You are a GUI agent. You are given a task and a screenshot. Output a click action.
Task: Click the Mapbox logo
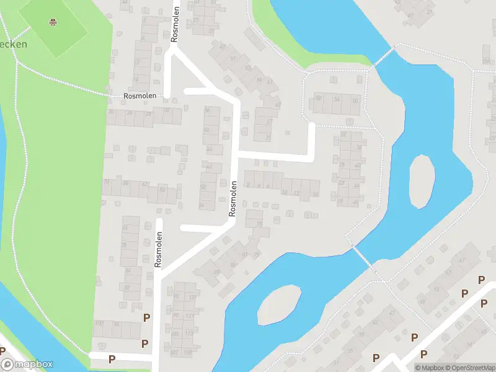[x=27, y=365]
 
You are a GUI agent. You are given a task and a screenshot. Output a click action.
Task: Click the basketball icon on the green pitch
[x=53, y=24]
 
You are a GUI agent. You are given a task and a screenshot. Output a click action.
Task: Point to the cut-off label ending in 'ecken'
[x=13, y=44]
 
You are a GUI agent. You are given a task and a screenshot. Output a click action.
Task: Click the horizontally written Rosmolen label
[x=139, y=96]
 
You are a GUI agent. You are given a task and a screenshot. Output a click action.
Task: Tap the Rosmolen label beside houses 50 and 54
[x=233, y=198]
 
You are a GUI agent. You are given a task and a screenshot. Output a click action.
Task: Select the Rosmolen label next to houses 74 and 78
[x=159, y=249]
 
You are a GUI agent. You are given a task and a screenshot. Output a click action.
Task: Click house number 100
[x=98, y=324]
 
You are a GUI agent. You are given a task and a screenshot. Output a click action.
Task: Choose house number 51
[x=234, y=59]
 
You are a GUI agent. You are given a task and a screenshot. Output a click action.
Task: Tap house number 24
[x=130, y=113]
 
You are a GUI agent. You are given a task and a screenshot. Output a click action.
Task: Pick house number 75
[x=259, y=224]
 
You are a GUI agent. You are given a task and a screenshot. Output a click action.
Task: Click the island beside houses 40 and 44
[x=422, y=181]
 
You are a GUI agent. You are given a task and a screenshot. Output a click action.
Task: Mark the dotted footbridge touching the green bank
[x=383, y=56]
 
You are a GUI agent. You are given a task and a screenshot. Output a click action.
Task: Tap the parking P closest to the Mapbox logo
[x=112, y=358]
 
